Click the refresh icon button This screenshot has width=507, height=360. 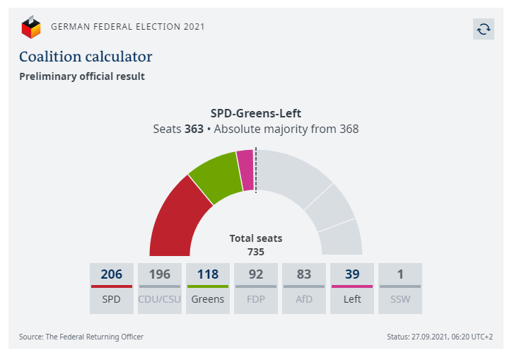(x=484, y=29)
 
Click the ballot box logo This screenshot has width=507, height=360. (x=31, y=28)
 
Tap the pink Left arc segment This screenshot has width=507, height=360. (x=245, y=170)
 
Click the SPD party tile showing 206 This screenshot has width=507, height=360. (x=111, y=289)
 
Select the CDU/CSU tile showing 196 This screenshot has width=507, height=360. (x=159, y=289)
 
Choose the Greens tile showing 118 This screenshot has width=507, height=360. (x=207, y=289)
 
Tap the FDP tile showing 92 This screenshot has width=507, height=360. (x=255, y=289)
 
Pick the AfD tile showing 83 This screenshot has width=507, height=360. (x=303, y=289)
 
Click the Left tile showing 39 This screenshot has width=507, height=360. (x=351, y=289)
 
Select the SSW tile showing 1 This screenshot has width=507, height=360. (x=400, y=289)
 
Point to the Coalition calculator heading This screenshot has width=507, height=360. (x=86, y=57)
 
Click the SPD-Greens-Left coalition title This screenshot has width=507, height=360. (x=256, y=113)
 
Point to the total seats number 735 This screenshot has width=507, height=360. (x=256, y=252)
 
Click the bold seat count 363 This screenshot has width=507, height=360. (x=194, y=129)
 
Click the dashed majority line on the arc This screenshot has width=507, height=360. (x=255, y=170)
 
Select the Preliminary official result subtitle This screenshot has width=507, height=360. (x=82, y=76)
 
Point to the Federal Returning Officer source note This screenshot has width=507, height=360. (x=81, y=337)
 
